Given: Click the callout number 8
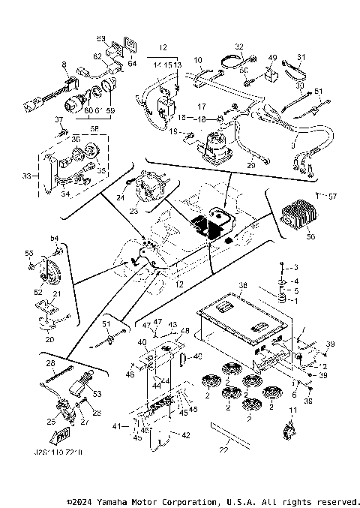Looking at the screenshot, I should [x=65, y=66].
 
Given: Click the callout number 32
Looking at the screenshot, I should [x=239, y=46].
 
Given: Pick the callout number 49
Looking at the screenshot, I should [x=272, y=58].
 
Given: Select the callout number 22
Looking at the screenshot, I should [x=223, y=450].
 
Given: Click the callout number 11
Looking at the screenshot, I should [x=292, y=410].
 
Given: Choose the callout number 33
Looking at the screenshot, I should [x=29, y=177].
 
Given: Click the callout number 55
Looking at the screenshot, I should [x=30, y=254].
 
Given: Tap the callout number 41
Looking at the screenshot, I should [x=116, y=425].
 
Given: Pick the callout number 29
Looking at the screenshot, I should [x=252, y=164].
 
